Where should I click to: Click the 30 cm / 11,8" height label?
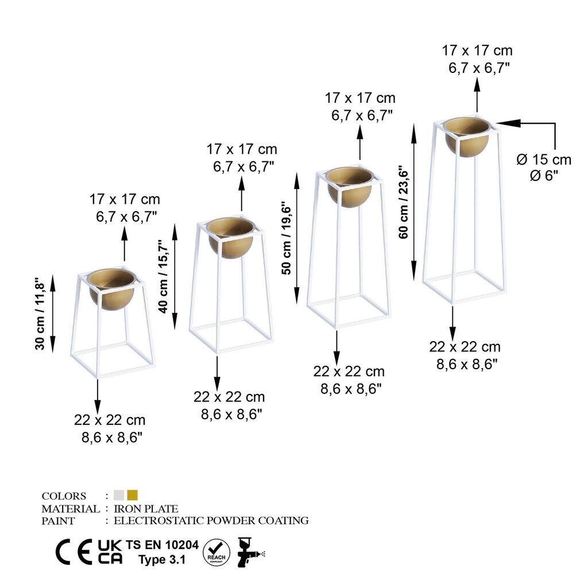point(40,314)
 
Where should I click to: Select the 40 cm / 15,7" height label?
point(164,276)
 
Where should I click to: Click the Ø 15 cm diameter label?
point(544,160)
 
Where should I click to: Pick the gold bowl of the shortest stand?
point(112,289)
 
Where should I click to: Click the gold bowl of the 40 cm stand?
point(231,238)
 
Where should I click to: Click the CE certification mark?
point(74,552)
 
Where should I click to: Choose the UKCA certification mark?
point(110,552)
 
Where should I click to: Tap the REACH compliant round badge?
point(216,553)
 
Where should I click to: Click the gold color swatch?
point(133,495)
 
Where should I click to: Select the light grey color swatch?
point(119,495)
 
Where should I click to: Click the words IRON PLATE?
point(146,509)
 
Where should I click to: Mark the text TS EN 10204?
point(162,544)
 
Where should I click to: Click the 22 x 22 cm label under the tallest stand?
point(465,347)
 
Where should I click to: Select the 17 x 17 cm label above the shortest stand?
point(125,199)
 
